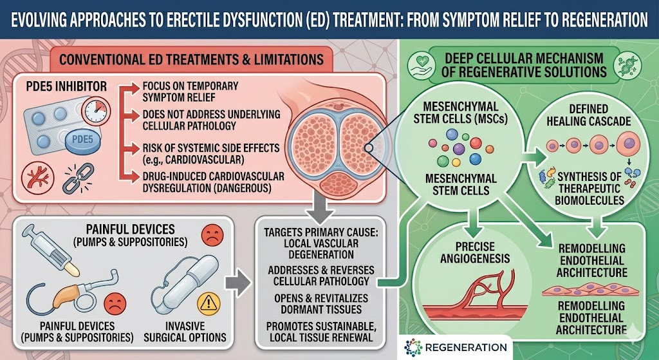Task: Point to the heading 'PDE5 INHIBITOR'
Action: [63, 86]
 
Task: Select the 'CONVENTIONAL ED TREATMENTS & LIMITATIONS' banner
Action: [192, 59]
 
